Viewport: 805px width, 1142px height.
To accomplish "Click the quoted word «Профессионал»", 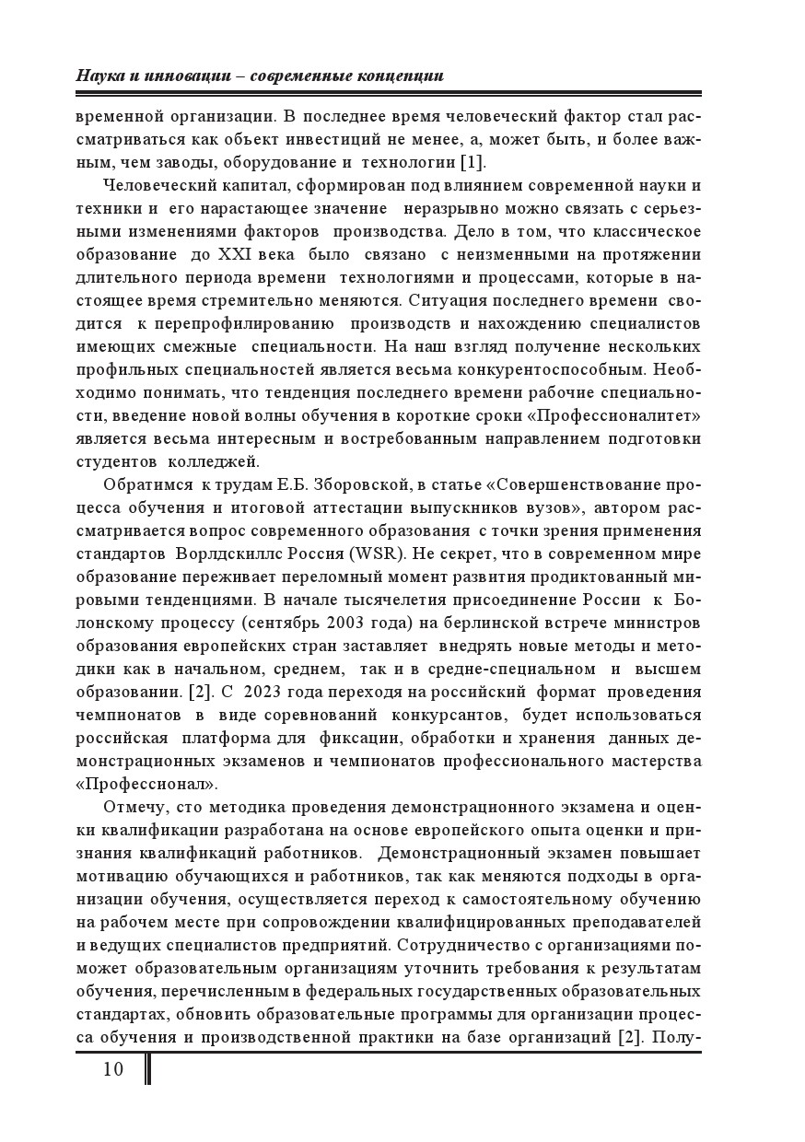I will click(x=146, y=784).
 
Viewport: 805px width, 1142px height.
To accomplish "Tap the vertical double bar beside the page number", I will click(x=148, y=1068).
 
